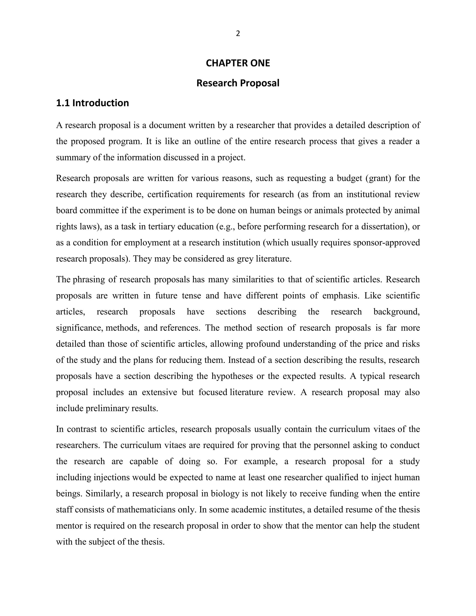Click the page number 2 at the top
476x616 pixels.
pos(238,33)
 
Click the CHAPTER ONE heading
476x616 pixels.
pos(238,63)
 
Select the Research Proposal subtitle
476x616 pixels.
pos(238,83)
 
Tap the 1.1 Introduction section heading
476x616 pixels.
pos(93,103)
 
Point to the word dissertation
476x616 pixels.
pos(383,226)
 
